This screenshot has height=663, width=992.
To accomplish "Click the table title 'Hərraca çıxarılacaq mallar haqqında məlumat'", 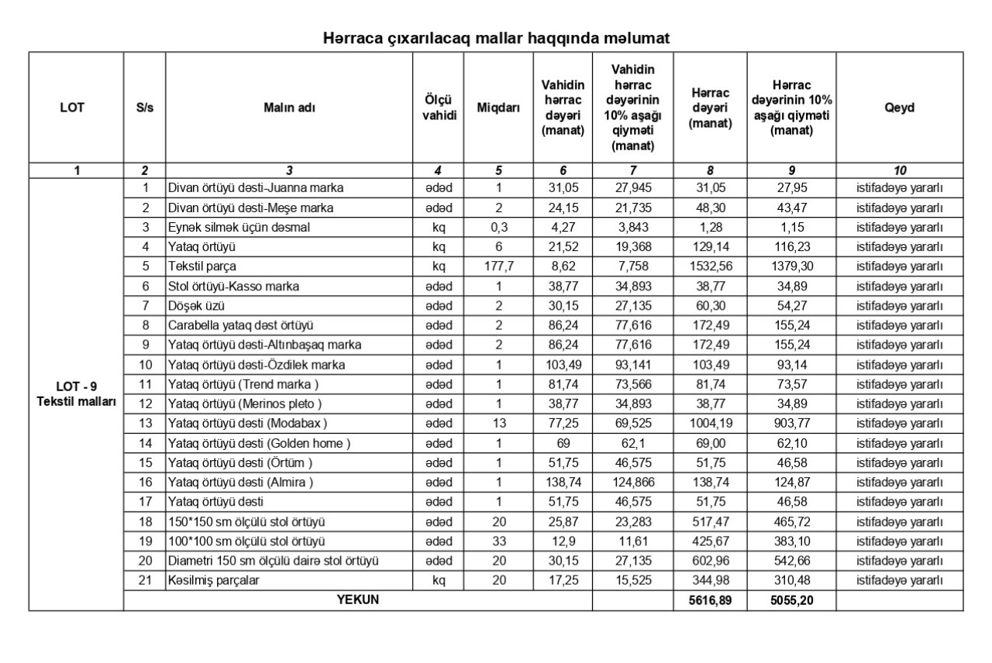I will (496, 37).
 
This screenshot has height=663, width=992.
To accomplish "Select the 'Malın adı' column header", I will (289, 108).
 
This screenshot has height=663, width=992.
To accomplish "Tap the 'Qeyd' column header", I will (899, 108).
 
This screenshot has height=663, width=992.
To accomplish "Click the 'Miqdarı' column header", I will (498, 108).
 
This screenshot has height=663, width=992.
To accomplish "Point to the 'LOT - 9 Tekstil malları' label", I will (76, 393).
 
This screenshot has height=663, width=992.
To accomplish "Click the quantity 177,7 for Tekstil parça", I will (498, 266).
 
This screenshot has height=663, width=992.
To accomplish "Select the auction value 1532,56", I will (711, 266).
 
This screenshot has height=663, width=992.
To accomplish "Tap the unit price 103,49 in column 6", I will (563, 364).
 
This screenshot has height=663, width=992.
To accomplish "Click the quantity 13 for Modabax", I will (498, 423).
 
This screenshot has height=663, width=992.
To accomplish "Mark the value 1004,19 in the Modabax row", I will (711, 423).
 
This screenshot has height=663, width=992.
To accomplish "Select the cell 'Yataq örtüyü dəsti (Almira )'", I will (240, 482).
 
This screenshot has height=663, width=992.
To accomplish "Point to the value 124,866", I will (634, 482).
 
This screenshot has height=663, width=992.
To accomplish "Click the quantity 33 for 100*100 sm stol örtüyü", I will (498, 541).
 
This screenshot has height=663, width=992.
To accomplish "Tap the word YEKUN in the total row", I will (357, 599).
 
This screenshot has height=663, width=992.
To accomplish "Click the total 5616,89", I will (711, 599).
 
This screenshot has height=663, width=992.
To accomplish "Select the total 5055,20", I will (791, 599).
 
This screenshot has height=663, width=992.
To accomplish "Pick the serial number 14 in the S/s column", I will (145, 442).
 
